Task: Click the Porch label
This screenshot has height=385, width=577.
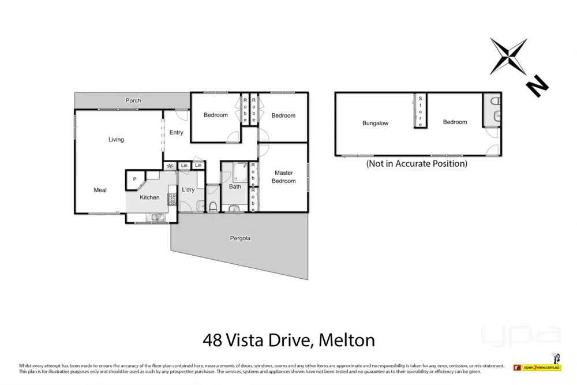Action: click(133, 100)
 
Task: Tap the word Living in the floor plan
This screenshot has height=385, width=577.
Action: click(116, 140)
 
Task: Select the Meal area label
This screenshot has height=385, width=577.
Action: click(100, 190)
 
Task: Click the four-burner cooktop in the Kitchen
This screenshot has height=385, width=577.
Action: click(171, 199)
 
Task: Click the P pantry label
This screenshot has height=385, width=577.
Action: click(134, 180)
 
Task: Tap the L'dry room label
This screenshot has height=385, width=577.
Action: click(188, 190)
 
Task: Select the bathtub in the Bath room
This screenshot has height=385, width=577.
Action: click(239, 171)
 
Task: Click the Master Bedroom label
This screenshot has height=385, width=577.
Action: click(284, 177)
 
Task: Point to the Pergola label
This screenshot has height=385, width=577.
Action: click(241, 238)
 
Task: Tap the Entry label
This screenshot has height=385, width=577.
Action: click(176, 133)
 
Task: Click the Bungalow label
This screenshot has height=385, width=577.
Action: click(375, 123)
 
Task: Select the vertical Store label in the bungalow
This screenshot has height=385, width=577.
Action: click(420, 111)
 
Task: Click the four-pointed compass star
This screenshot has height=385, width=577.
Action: click(508, 56)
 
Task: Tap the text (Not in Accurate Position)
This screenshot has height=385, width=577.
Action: click(417, 163)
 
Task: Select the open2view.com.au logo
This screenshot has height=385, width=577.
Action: click(542, 367)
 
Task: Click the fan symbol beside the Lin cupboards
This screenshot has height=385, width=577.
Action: click(170, 166)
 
